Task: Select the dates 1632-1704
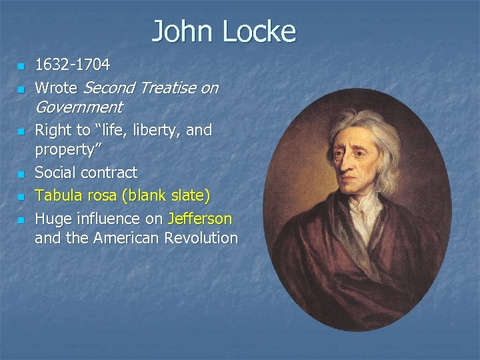click(73, 65)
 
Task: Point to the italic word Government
click(79, 107)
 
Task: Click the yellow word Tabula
click(57, 196)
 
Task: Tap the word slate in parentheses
click(187, 196)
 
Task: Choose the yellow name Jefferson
click(200, 219)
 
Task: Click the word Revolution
click(201, 238)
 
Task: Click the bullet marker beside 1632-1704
click(21, 67)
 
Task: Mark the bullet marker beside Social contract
click(21, 174)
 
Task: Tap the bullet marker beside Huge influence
click(21, 219)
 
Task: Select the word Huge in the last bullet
click(53, 219)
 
